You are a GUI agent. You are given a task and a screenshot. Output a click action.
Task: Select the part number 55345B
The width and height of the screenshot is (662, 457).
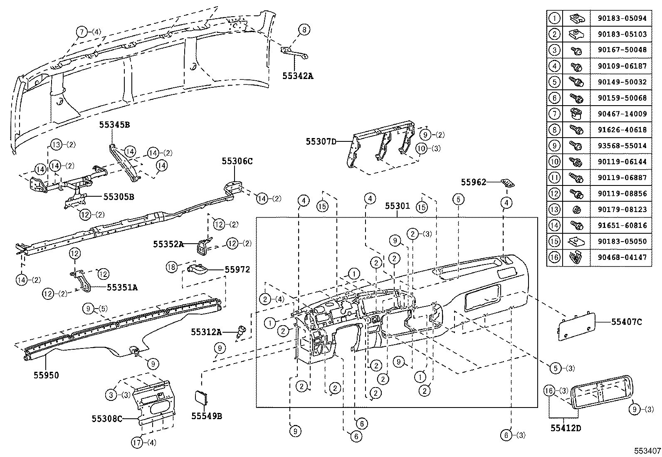pyautogui.click(x=114, y=124)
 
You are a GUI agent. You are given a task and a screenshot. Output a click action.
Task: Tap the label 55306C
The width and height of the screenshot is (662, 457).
pyautogui.click(x=237, y=161)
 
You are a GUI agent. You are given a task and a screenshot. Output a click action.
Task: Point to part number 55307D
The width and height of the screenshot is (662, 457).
pyautogui.click(x=321, y=142)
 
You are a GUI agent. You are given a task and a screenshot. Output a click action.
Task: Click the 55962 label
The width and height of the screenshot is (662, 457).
pyautogui.click(x=473, y=182)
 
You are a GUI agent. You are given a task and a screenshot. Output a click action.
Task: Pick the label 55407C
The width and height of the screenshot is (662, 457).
pyautogui.click(x=627, y=321)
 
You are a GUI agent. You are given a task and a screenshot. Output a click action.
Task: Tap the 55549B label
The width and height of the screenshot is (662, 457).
pyautogui.click(x=207, y=416)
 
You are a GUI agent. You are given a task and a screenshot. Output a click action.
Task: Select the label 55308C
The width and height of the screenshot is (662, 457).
pyautogui.click(x=107, y=418)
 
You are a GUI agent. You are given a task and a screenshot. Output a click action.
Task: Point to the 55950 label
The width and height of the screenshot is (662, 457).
pyautogui.click(x=46, y=375)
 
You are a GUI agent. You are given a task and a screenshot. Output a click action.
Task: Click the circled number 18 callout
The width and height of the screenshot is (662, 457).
pyautogui.click(x=171, y=267)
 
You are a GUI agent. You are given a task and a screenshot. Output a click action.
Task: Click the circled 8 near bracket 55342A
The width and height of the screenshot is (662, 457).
pyautogui.click(x=304, y=30)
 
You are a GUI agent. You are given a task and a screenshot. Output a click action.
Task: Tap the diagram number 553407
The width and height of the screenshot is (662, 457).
pyautogui.click(x=647, y=451)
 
